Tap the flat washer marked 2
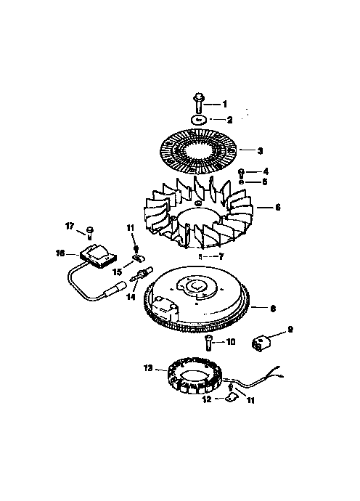197,119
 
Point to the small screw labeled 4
242,171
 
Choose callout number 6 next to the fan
277,207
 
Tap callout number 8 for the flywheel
273,309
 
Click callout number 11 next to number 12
250,399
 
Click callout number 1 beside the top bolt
224,105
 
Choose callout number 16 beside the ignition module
60,253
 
